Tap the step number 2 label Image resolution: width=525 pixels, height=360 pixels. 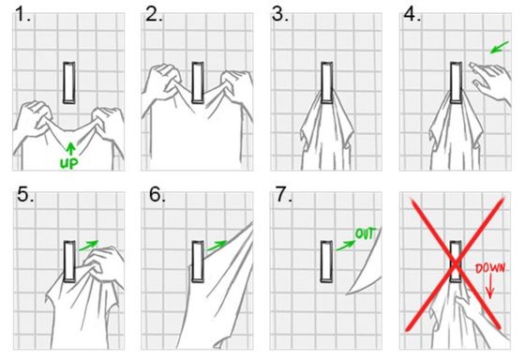(x=153, y=16)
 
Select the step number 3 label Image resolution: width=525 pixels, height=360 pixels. (x=280, y=16)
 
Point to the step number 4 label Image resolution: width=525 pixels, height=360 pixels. (x=410, y=16)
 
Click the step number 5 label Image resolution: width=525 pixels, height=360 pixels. (x=22, y=197)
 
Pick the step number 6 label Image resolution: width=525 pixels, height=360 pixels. (x=153, y=197)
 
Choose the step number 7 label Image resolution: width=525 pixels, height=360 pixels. (x=280, y=197)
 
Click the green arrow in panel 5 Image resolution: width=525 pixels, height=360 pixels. (x=89, y=246)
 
